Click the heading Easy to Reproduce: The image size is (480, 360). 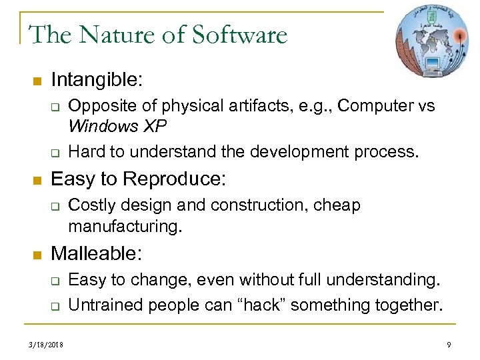coord(139,179)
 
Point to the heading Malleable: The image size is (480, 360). coord(96,253)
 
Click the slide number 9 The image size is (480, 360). coord(449,345)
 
